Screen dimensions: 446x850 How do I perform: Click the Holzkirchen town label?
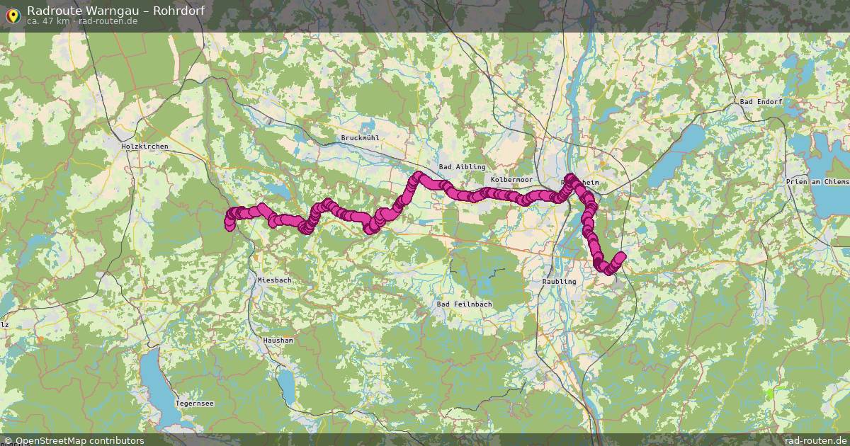click(x=145, y=147)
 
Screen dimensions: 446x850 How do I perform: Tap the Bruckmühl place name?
click(x=361, y=138)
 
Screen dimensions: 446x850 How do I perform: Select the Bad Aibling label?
click(x=462, y=167)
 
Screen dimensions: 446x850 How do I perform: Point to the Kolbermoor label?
click(x=511, y=181)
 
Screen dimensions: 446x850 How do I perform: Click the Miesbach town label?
click(x=274, y=280)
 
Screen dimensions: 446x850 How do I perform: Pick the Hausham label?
click(x=277, y=341)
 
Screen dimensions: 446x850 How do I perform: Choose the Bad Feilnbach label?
click(x=464, y=304)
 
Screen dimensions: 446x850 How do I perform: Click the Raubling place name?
click(x=559, y=281)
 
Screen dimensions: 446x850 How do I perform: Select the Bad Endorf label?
click(x=761, y=102)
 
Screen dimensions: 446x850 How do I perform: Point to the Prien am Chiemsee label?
click(x=817, y=182)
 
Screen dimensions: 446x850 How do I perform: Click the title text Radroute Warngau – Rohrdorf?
click(x=116, y=10)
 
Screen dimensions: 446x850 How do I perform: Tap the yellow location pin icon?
click(x=12, y=14)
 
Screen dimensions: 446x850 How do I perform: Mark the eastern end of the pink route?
click(x=621, y=256)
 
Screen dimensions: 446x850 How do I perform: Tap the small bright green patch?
click(x=770, y=393)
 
